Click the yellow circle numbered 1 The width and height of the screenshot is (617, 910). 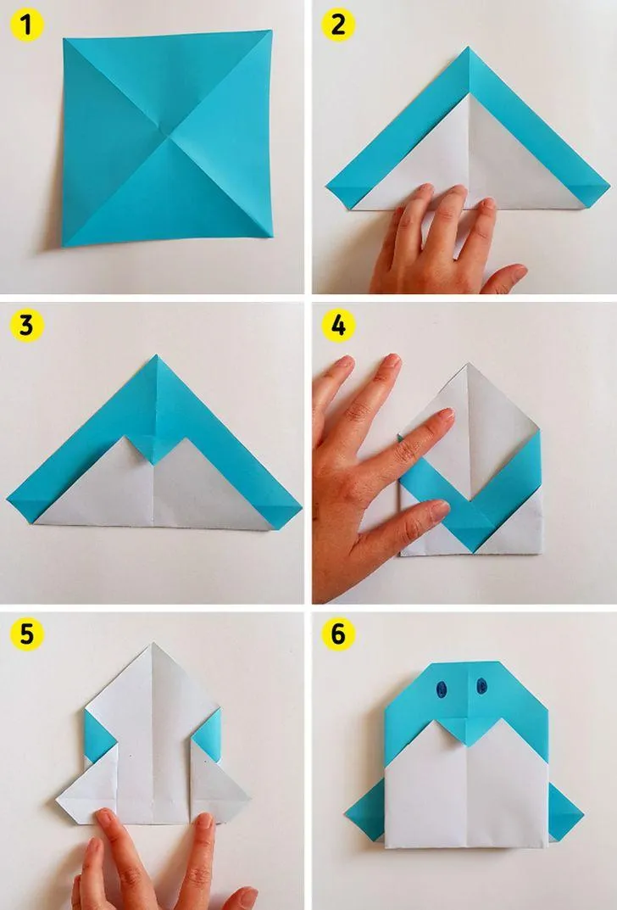(x=27, y=25)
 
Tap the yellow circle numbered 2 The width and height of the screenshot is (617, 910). (x=339, y=25)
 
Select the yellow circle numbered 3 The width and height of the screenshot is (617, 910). (x=27, y=326)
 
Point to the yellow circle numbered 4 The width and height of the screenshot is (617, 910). (x=339, y=326)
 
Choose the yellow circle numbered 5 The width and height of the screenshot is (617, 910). (x=27, y=634)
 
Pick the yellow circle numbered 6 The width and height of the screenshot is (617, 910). (x=339, y=634)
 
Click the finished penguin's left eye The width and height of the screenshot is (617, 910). (x=441, y=689)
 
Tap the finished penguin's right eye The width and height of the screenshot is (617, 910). (x=481, y=686)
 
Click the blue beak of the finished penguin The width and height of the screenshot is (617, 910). (x=466, y=730)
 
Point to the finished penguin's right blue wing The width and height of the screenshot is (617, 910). (x=564, y=812)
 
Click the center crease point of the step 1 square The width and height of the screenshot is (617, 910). (x=170, y=137)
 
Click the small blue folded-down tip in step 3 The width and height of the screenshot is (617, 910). (x=154, y=449)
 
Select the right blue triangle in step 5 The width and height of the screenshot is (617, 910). (x=207, y=734)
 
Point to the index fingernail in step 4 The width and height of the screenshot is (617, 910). (x=445, y=415)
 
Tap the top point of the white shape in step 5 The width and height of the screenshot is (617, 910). (x=153, y=644)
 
